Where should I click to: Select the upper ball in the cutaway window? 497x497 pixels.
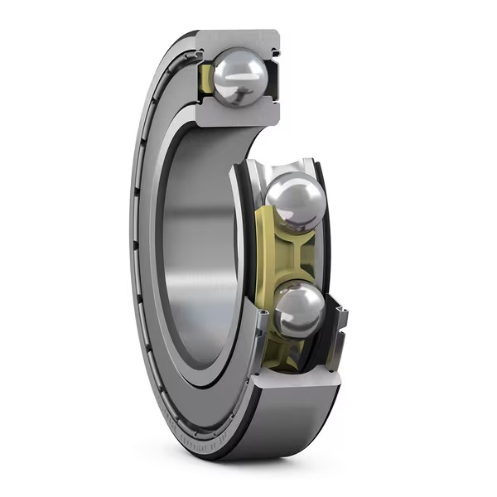coord(295,201)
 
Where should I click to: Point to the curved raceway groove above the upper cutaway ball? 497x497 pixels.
coord(286,166)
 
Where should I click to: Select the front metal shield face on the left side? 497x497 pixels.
coord(149,248)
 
